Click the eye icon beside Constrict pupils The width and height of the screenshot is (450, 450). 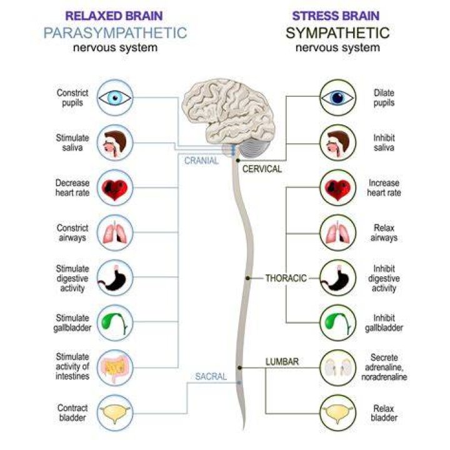115,97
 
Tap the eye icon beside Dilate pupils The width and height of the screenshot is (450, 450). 337,97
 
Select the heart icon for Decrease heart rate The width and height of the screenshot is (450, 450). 115,188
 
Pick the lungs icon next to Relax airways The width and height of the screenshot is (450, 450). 337,232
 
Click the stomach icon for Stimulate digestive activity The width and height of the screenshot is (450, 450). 115,277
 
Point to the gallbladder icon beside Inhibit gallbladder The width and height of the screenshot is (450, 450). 337,323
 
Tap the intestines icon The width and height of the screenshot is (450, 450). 115,368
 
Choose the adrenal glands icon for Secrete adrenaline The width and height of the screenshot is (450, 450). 337,368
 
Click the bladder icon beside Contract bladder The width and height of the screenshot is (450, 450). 115,413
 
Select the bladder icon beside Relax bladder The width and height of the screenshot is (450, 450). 337,413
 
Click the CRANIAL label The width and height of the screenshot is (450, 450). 201,161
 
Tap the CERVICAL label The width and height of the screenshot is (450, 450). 262,169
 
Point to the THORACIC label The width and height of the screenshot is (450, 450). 286,278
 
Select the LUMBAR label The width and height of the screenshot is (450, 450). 282,362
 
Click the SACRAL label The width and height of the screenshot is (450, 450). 211,376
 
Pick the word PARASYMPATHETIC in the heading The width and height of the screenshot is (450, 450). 116,33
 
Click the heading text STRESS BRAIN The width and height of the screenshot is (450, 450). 336,16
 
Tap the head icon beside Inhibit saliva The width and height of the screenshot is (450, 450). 337,142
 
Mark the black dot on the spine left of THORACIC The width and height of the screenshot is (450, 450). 247,278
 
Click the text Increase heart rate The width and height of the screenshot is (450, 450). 384,188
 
